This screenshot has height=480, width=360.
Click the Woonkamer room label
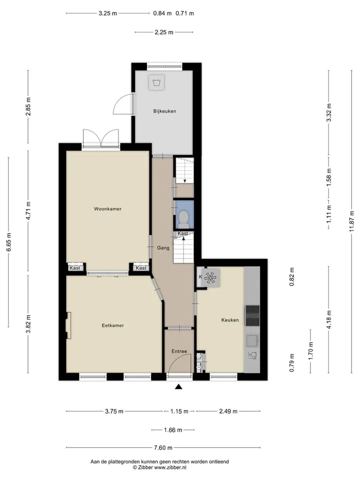[108, 209]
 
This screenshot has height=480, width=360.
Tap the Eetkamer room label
[113, 325]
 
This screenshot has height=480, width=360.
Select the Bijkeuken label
[164, 111]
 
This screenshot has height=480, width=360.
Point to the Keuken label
[230, 320]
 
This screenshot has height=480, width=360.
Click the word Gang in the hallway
[163, 248]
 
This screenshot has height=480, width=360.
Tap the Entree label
[179, 351]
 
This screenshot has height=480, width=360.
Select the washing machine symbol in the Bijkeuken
[156, 82]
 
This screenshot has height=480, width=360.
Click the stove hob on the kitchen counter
[252, 315]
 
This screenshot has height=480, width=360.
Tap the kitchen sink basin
[252, 340]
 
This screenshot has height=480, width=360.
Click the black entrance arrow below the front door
[178, 387]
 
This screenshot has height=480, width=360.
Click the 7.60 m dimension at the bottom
[163, 448]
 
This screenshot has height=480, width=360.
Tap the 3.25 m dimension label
[108, 13]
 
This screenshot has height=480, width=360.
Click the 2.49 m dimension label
[228, 411]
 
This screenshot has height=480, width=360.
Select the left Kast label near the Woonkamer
[74, 268]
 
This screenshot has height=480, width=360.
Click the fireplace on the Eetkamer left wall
[68, 325]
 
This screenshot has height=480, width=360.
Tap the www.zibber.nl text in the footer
[170, 467]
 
